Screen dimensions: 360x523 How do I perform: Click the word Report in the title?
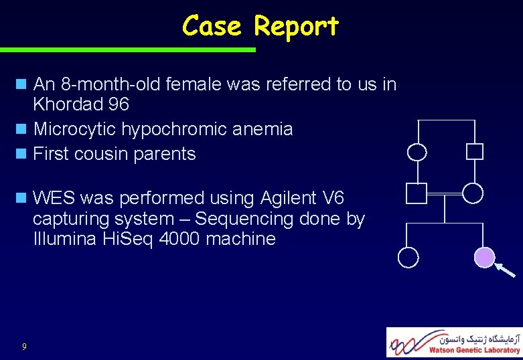[x=297, y=27]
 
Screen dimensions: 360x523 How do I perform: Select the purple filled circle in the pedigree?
[x=484, y=257]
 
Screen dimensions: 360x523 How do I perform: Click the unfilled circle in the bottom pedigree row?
[x=408, y=257]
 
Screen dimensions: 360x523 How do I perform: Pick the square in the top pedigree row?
[x=474, y=151]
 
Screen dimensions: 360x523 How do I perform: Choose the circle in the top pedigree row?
[x=417, y=152]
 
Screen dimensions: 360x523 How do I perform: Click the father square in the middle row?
[x=416, y=193]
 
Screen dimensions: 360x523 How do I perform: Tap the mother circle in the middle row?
[x=473, y=193]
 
